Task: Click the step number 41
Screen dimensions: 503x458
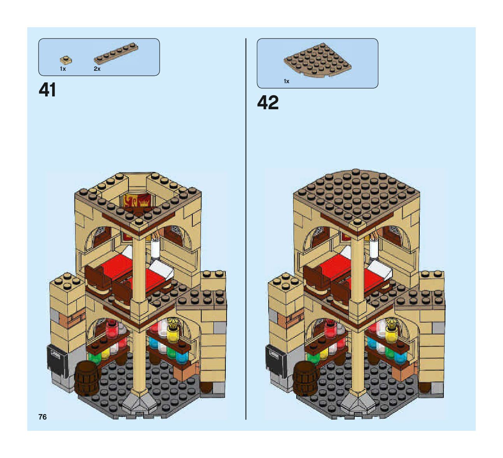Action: pos(47,90)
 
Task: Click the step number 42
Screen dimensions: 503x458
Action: pos(268,103)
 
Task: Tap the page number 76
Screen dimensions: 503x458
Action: pos(42,417)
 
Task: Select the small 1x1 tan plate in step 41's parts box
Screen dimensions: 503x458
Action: pos(66,60)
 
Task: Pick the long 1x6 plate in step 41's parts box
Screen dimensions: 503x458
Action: pos(116,53)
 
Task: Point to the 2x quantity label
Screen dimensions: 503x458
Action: pos(97,69)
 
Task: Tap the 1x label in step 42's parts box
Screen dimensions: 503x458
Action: pos(287,81)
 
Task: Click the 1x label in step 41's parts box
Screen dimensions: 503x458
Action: pos(63,69)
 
